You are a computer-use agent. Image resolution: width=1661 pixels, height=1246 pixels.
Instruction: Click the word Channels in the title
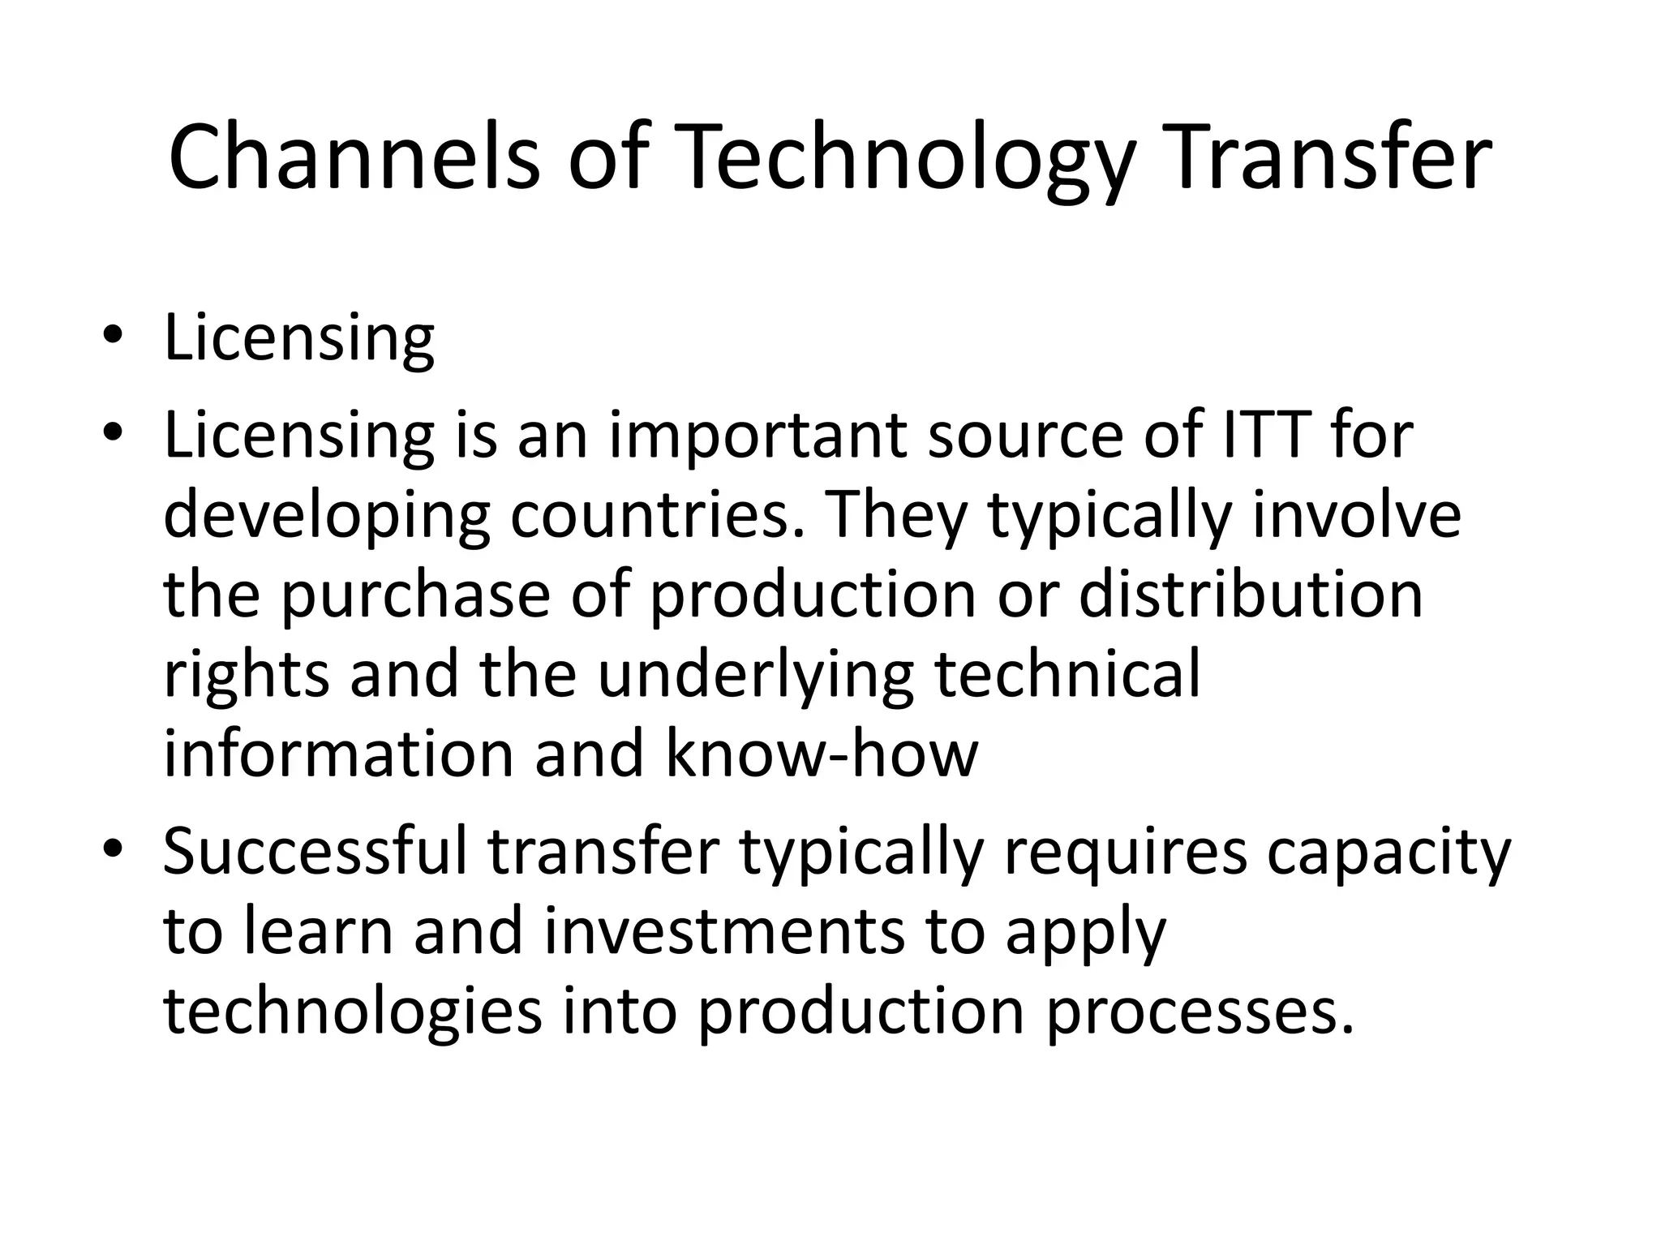click(x=354, y=158)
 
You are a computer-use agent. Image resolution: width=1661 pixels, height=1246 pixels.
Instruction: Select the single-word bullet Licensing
click(x=298, y=338)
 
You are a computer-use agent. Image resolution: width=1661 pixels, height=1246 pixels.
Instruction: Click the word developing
click(x=327, y=518)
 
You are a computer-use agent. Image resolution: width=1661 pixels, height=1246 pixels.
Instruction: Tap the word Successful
click(x=315, y=852)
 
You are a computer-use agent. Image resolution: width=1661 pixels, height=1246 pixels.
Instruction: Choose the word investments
click(x=723, y=931)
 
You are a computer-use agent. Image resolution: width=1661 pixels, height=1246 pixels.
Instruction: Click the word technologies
click(x=352, y=1012)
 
